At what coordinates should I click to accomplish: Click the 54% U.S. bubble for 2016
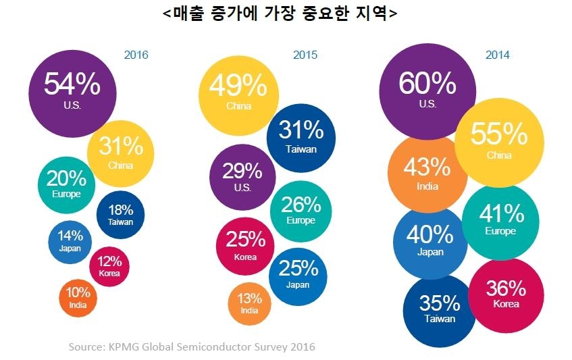click(72, 91)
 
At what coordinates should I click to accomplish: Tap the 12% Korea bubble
click(109, 265)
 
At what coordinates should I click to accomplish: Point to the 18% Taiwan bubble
click(120, 214)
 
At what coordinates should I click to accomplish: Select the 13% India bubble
click(249, 303)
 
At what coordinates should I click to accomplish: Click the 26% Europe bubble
click(301, 209)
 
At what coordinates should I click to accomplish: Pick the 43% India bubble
click(425, 174)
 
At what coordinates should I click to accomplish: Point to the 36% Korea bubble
click(506, 295)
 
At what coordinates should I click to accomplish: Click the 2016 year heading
click(136, 55)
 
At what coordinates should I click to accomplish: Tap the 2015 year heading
click(305, 55)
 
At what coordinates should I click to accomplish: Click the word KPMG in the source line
click(129, 347)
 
